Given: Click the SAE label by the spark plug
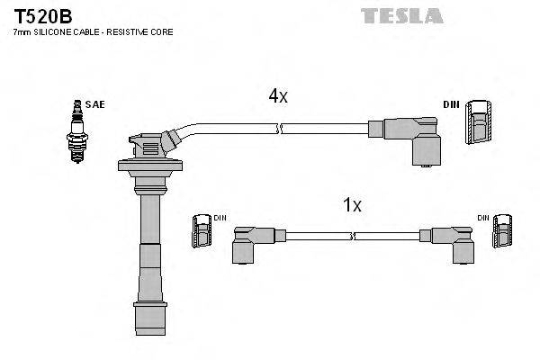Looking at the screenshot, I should pos(94,105).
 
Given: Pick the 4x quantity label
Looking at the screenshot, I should pos(277,95).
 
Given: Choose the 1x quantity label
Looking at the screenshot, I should pos(352,205).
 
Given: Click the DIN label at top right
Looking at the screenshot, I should pos(451,105).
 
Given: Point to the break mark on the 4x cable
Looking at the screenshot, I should pos(282,130).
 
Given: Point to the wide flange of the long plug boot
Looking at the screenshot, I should pos(148,166).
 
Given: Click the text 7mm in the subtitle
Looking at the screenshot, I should pos(22,31).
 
